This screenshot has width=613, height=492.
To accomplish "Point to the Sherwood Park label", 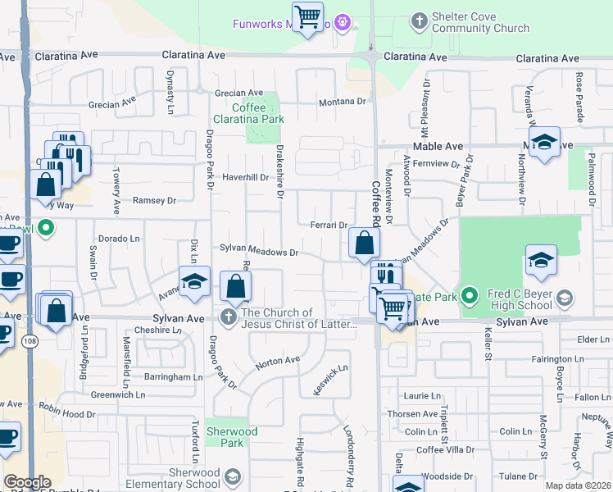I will [233, 437].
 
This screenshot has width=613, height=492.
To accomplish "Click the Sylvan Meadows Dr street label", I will [258, 253].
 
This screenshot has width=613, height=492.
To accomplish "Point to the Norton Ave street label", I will [277, 361].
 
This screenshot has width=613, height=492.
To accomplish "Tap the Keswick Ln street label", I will [331, 380].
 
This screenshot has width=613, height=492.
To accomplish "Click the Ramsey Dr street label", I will [154, 200].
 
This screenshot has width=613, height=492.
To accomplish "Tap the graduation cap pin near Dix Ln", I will [194, 281].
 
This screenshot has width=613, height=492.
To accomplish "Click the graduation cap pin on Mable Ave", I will [544, 143].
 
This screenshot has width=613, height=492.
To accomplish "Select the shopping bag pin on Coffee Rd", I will [363, 243].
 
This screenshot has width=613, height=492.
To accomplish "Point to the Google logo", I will [27, 482].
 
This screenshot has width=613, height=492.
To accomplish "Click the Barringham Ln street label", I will [174, 377].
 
